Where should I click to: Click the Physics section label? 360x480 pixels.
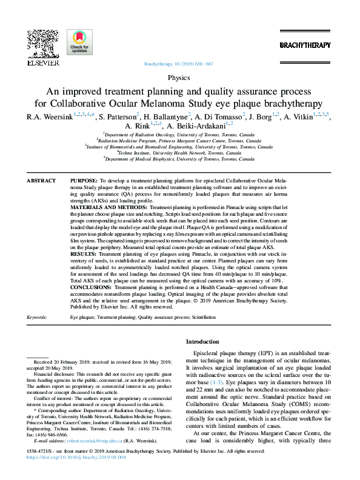[179, 78]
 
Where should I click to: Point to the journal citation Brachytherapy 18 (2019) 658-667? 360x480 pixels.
[179, 64]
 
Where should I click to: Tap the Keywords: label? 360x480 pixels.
[38, 317]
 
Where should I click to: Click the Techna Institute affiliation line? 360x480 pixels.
[179, 153]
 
